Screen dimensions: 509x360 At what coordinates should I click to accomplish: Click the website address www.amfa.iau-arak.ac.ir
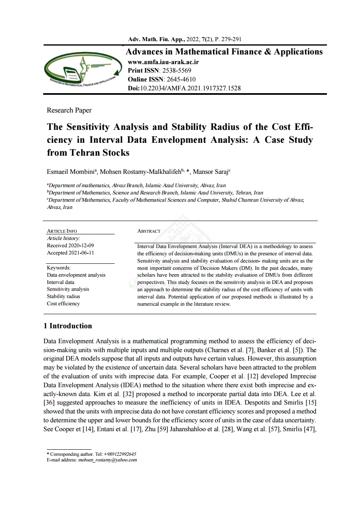(x=163, y=63)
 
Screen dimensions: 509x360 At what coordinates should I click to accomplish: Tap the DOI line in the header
(x=184, y=88)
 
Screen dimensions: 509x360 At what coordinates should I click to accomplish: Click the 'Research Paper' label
(x=69, y=111)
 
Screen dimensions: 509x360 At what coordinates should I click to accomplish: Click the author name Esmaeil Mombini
(x=71, y=172)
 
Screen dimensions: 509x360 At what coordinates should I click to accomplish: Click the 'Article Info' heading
(x=62, y=231)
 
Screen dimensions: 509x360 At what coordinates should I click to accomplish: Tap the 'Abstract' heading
(x=149, y=231)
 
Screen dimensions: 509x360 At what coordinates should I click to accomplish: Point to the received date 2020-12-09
(x=81, y=246)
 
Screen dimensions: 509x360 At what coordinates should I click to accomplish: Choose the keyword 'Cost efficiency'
(x=63, y=304)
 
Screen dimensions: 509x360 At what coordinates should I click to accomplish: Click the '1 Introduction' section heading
(x=68, y=326)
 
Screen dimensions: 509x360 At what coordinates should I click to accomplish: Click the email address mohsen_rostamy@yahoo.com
(x=107, y=460)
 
